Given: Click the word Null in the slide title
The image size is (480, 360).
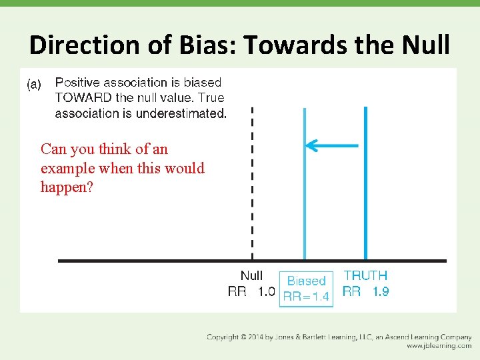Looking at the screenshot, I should click(x=423, y=45).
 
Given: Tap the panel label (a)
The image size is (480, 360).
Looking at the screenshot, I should click(x=33, y=84).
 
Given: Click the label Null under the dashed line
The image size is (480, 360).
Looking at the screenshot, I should click(x=251, y=275).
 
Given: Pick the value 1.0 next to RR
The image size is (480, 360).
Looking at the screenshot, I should click(x=266, y=291).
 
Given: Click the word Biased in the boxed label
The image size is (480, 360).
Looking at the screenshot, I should click(x=306, y=281).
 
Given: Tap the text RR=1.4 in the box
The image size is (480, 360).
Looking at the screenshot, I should click(x=306, y=297).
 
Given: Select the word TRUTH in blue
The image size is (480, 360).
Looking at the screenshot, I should click(x=365, y=275).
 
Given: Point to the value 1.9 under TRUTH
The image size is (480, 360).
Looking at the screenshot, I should click(x=380, y=291).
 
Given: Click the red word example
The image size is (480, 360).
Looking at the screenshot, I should click(x=67, y=168).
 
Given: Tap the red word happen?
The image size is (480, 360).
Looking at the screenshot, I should click(x=67, y=187).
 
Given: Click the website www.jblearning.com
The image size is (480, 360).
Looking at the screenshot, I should click(x=439, y=346).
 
